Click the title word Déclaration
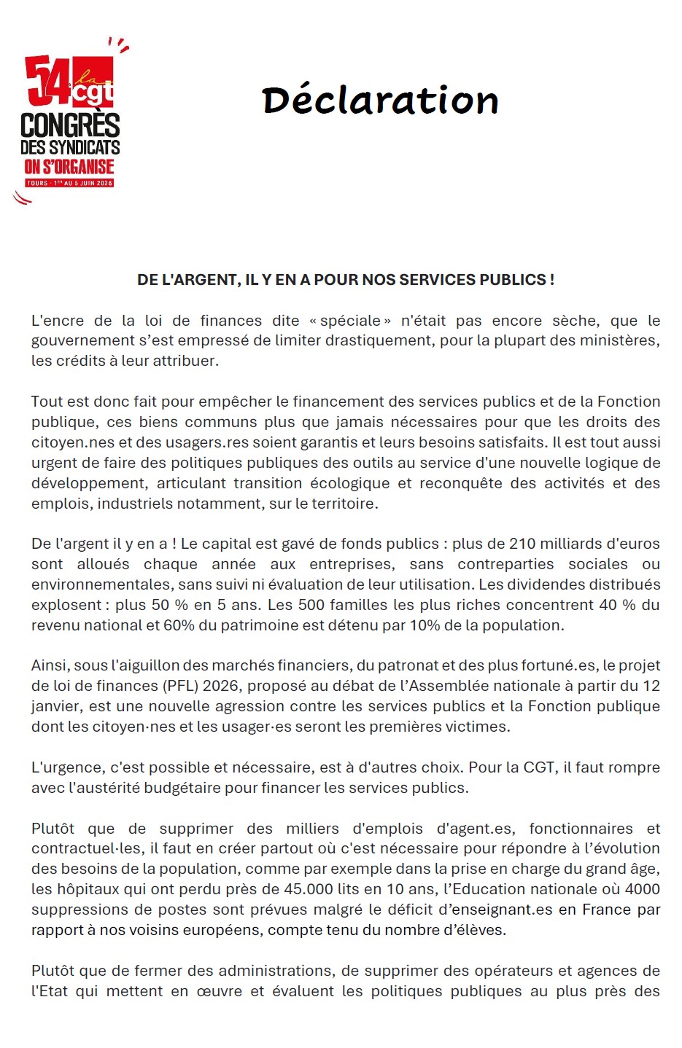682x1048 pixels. point(380,101)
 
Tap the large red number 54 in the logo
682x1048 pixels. point(48,80)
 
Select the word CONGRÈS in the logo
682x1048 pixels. point(70,125)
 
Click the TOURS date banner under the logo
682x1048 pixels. point(69,183)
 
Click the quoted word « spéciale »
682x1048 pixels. point(350,321)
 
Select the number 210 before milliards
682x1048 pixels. point(497,544)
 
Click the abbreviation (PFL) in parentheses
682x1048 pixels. point(180,686)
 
